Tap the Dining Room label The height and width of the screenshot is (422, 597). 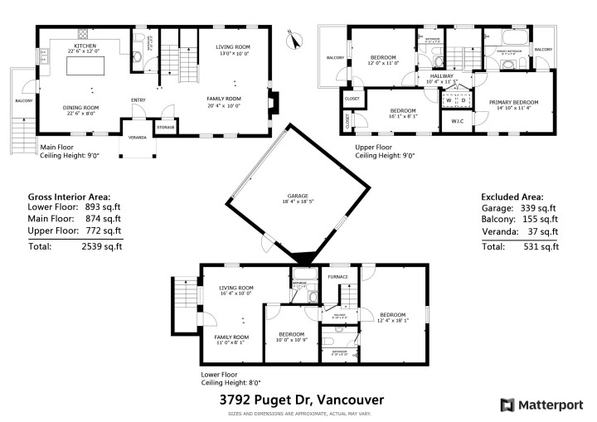point(81,108)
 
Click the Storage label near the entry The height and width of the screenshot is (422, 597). point(164,127)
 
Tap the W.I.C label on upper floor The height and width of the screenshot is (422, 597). point(458,123)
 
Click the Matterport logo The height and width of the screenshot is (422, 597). point(539,405)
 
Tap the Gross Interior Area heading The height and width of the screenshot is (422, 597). point(70,196)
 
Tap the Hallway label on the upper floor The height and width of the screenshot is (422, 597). point(441,77)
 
